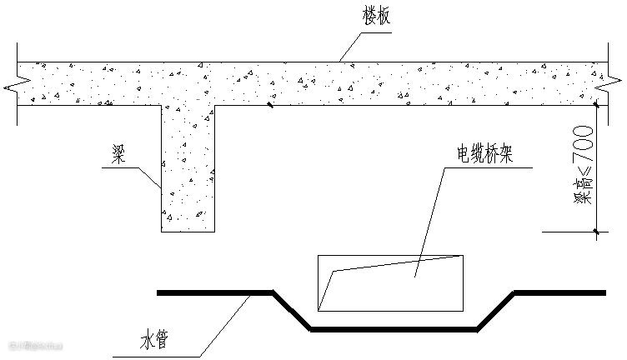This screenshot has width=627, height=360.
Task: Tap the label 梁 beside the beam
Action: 118,155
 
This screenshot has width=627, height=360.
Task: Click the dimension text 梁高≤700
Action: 580,167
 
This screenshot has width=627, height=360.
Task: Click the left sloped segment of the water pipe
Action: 293,311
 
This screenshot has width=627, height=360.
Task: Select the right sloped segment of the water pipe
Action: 495,311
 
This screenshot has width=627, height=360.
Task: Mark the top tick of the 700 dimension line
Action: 596,105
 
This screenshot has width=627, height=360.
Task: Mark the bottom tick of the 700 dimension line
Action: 596,231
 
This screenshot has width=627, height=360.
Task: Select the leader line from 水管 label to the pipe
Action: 225,321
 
